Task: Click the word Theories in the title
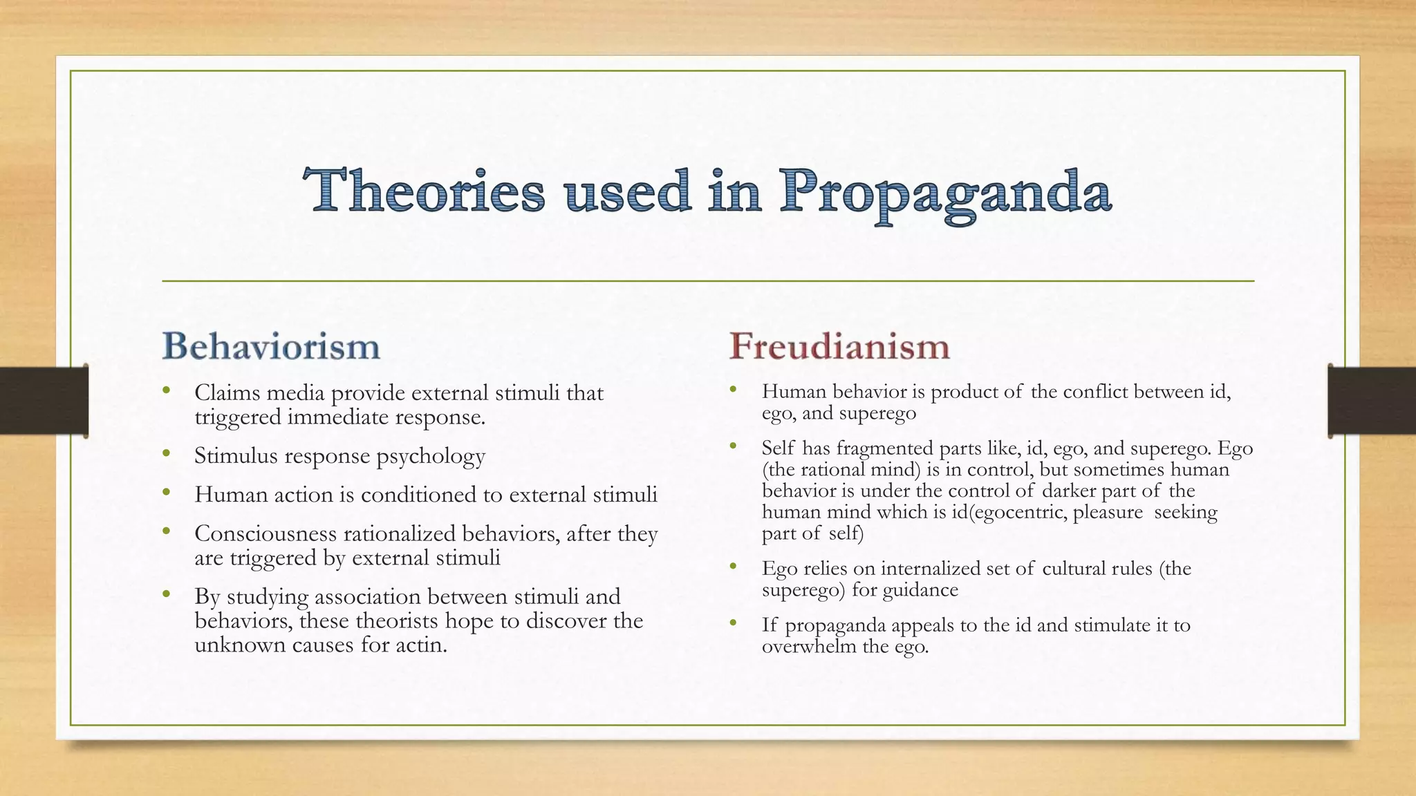coord(424,191)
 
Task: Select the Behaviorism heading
coord(271,345)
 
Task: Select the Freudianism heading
coord(839,345)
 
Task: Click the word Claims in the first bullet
coord(227,392)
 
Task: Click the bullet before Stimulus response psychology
coord(166,454)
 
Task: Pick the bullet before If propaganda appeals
coord(734,624)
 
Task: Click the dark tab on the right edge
coord(1372,401)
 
